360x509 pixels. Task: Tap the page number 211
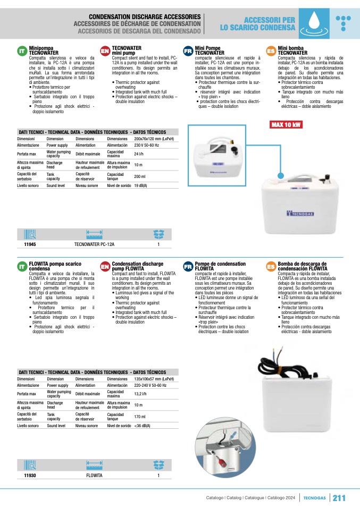[x=339, y=498]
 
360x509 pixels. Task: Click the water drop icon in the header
[x=318, y=23]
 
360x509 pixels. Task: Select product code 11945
[x=30, y=244]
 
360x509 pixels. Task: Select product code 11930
[x=30, y=476]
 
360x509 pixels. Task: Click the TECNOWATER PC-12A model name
[x=94, y=244]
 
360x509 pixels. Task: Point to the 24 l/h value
[x=139, y=154]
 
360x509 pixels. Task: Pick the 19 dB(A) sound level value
[x=140, y=185]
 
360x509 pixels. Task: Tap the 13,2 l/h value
[x=141, y=394]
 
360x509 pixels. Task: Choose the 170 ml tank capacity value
[x=139, y=417]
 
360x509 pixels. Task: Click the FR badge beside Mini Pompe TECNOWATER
[x=188, y=51]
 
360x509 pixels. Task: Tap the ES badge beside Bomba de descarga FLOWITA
[x=270, y=266]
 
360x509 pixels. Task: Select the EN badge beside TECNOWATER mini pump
[x=105, y=51]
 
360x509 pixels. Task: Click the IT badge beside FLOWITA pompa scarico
[x=22, y=266]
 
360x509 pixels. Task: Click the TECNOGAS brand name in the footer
[x=314, y=498]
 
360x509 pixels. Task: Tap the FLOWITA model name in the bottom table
[x=94, y=476]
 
